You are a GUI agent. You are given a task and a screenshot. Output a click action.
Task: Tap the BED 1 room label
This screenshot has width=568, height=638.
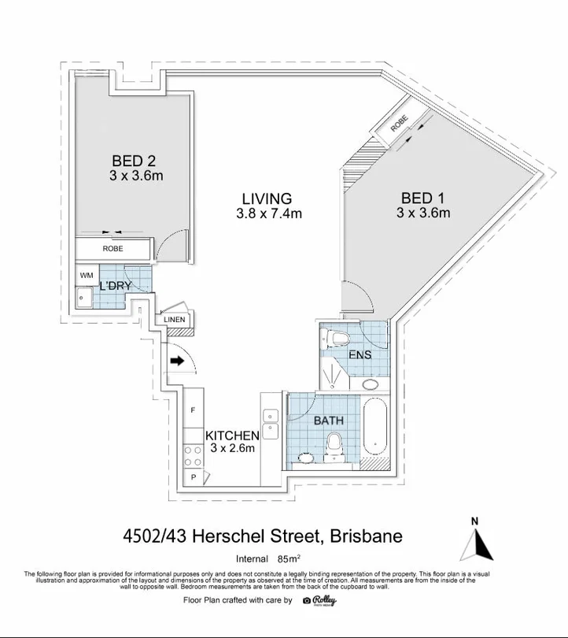click(x=422, y=197)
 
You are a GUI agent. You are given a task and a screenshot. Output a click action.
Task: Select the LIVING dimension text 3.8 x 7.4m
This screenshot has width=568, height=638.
click(x=269, y=213)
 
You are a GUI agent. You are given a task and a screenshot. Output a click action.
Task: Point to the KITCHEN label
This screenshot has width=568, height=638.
click(x=232, y=436)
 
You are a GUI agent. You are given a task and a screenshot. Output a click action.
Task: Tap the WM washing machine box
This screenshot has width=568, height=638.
click(x=86, y=275)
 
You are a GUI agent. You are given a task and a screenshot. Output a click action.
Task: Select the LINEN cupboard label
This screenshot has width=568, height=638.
click(x=175, y=320)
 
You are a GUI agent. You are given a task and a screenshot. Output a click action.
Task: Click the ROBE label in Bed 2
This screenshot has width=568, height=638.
click(x=112, y=249)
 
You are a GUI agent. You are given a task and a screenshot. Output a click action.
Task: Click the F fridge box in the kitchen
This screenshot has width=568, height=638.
click(x=193, y=411)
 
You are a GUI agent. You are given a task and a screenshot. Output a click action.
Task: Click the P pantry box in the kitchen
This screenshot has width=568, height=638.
click(x=193, y=477)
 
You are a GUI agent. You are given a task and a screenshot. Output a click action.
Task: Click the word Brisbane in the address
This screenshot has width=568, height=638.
click(x=366, y=536)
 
